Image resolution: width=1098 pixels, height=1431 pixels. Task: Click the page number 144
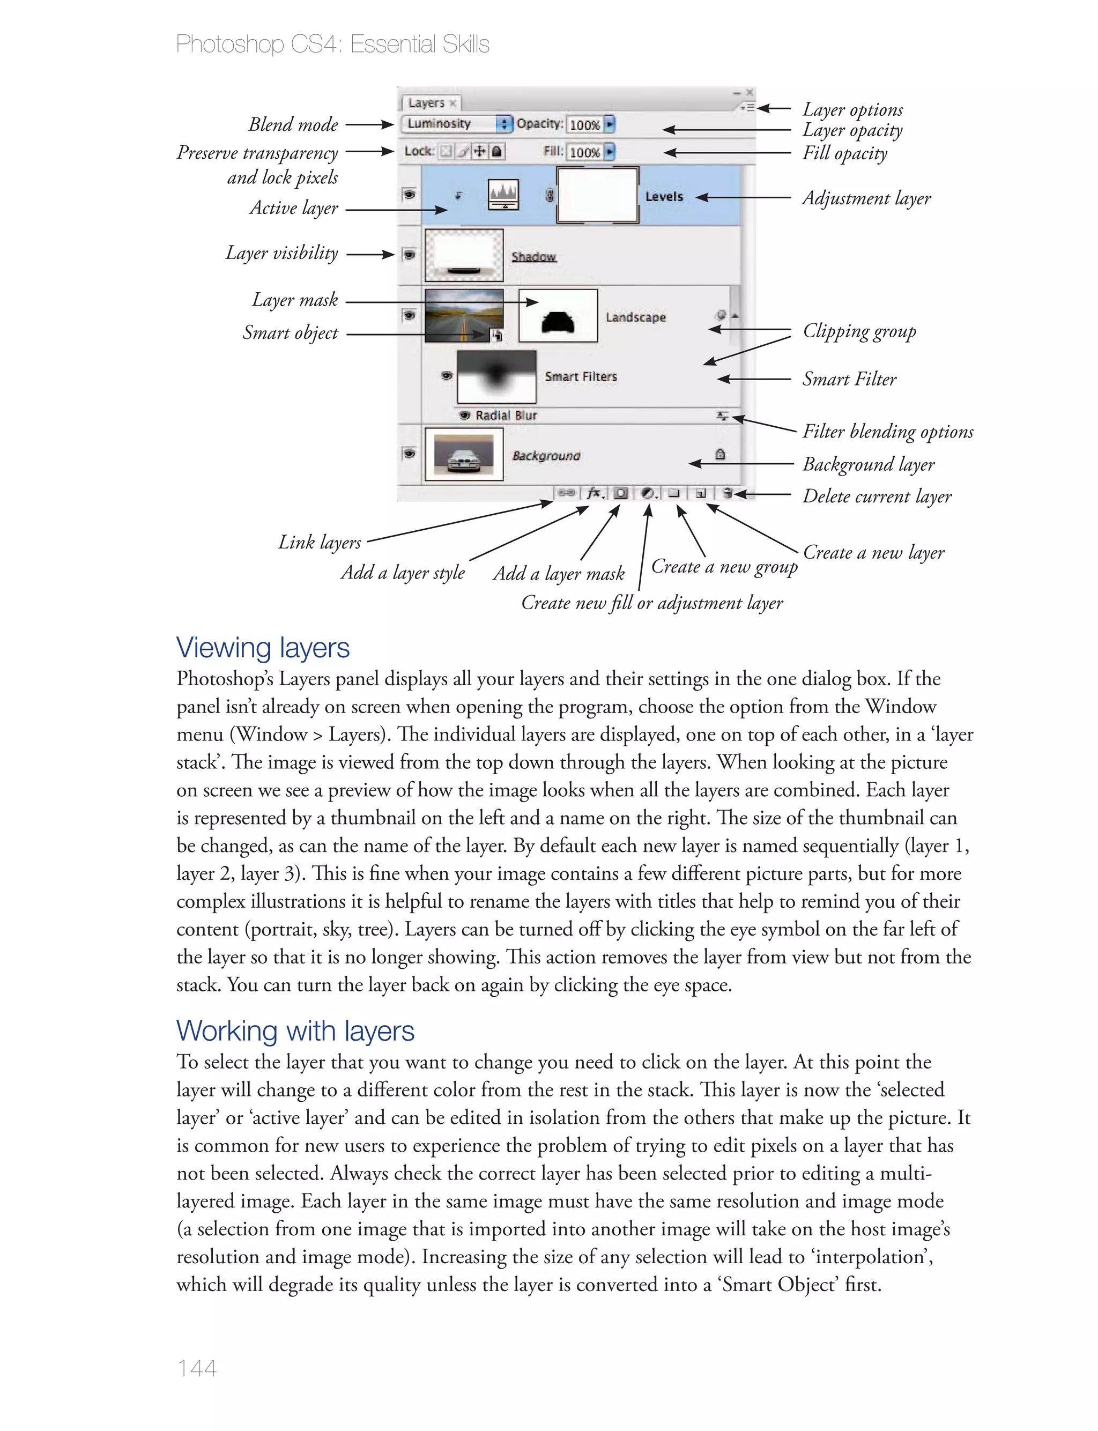(197, 1368)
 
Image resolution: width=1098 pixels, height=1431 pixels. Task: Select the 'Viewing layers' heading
(263, 648)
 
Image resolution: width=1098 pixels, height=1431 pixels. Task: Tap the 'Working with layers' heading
(295, 1030)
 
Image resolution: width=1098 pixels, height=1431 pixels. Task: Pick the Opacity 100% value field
(584, 124)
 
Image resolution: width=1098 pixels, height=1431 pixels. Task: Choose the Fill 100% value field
(584, 152)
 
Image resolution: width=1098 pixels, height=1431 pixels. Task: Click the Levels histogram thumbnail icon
(503, 194)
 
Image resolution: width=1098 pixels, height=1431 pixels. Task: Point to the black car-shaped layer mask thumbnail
(558, 316)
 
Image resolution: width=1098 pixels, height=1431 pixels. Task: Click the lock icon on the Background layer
(719, 454)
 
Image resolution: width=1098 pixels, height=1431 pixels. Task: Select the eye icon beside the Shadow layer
(409, 254)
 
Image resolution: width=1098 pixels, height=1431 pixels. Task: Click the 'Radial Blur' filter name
(506, 416)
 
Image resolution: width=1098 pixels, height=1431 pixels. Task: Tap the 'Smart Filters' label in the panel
(581, 376)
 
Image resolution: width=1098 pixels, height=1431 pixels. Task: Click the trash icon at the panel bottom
(728, 493)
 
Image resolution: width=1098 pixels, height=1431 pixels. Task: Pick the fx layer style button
(594, 493)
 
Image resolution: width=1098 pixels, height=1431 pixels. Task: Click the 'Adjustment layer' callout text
(866, 198)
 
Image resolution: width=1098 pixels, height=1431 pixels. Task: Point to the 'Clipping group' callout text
(859, 331)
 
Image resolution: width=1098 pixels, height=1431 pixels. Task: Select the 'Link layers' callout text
(319, 543)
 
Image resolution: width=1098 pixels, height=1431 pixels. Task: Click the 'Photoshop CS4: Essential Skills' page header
(332, 45)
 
